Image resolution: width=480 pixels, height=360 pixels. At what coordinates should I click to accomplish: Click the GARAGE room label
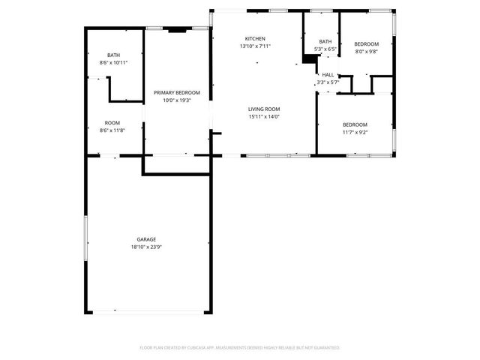coord(146,239)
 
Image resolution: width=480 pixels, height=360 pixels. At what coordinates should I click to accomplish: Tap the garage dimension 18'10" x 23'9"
coord(146,247)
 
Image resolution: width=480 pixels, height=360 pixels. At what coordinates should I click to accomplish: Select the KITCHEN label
coord(255,39)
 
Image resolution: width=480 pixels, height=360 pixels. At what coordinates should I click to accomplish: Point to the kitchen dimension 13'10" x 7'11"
coord(255,46)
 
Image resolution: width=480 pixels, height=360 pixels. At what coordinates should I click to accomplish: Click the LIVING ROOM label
coord(264,109)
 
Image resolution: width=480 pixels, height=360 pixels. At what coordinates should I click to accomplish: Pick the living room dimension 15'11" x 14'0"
coord(264,117)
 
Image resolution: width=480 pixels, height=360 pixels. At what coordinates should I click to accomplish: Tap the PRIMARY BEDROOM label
coord(177,92)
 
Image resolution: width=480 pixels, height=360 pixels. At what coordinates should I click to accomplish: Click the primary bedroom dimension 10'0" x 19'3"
coord(177,100)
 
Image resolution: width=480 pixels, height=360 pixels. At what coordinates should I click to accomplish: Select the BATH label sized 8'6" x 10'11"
coord(113,55)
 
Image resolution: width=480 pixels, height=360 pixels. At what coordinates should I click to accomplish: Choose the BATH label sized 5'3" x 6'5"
coord(325,42)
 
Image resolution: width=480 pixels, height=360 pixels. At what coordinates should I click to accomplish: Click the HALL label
coord(328,75)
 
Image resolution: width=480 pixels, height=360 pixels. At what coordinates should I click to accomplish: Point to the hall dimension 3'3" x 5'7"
coord(328,82)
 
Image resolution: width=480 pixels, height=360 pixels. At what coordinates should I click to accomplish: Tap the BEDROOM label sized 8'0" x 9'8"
coord(367,44)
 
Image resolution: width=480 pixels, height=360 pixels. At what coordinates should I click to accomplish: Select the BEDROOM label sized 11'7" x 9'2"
coord(355,124)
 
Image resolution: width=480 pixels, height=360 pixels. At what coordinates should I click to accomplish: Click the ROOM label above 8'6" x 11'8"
coord(112,123)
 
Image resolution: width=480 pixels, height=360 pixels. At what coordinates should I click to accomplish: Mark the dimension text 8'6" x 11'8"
coord(112,130)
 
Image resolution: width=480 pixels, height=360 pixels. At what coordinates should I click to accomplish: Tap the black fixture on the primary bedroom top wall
coord(177,31)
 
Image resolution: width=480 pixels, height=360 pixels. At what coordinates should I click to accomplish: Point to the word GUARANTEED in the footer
coord(324,348)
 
